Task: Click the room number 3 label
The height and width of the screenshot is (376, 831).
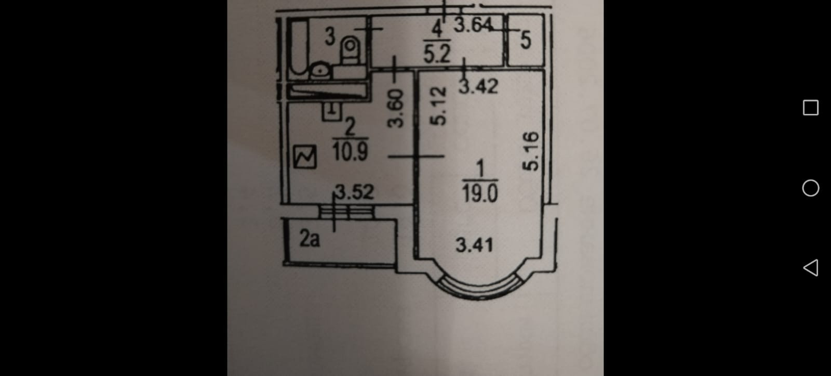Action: tap(330, 36)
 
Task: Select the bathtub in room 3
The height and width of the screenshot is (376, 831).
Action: tap(298, 46)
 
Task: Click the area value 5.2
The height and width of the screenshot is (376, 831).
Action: tap(437, 54)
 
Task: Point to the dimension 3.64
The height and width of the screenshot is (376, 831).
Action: tap(472, 24)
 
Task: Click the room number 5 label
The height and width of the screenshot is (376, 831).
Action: tap(526, 40)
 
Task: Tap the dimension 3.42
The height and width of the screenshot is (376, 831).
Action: tap(478, 86)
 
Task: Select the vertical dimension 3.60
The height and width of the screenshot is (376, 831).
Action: tap(396, 108)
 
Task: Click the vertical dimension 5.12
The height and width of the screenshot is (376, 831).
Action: tap(438, 106)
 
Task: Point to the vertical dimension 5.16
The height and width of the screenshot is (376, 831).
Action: tap(531, 151)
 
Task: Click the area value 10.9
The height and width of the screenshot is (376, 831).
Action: tap(350, 151)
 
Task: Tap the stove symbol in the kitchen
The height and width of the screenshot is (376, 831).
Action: tap(305, 157)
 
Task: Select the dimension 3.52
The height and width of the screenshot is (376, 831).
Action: tap(354, 192)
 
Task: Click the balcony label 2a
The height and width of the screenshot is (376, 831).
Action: tap(310, 239)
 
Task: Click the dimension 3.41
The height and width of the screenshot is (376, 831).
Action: tap(474, 244)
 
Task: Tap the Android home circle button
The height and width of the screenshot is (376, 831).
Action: tap(810, 188)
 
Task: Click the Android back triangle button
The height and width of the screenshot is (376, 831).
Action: tap(810, 268)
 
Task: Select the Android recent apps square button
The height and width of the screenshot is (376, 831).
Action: tap(810, 108)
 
